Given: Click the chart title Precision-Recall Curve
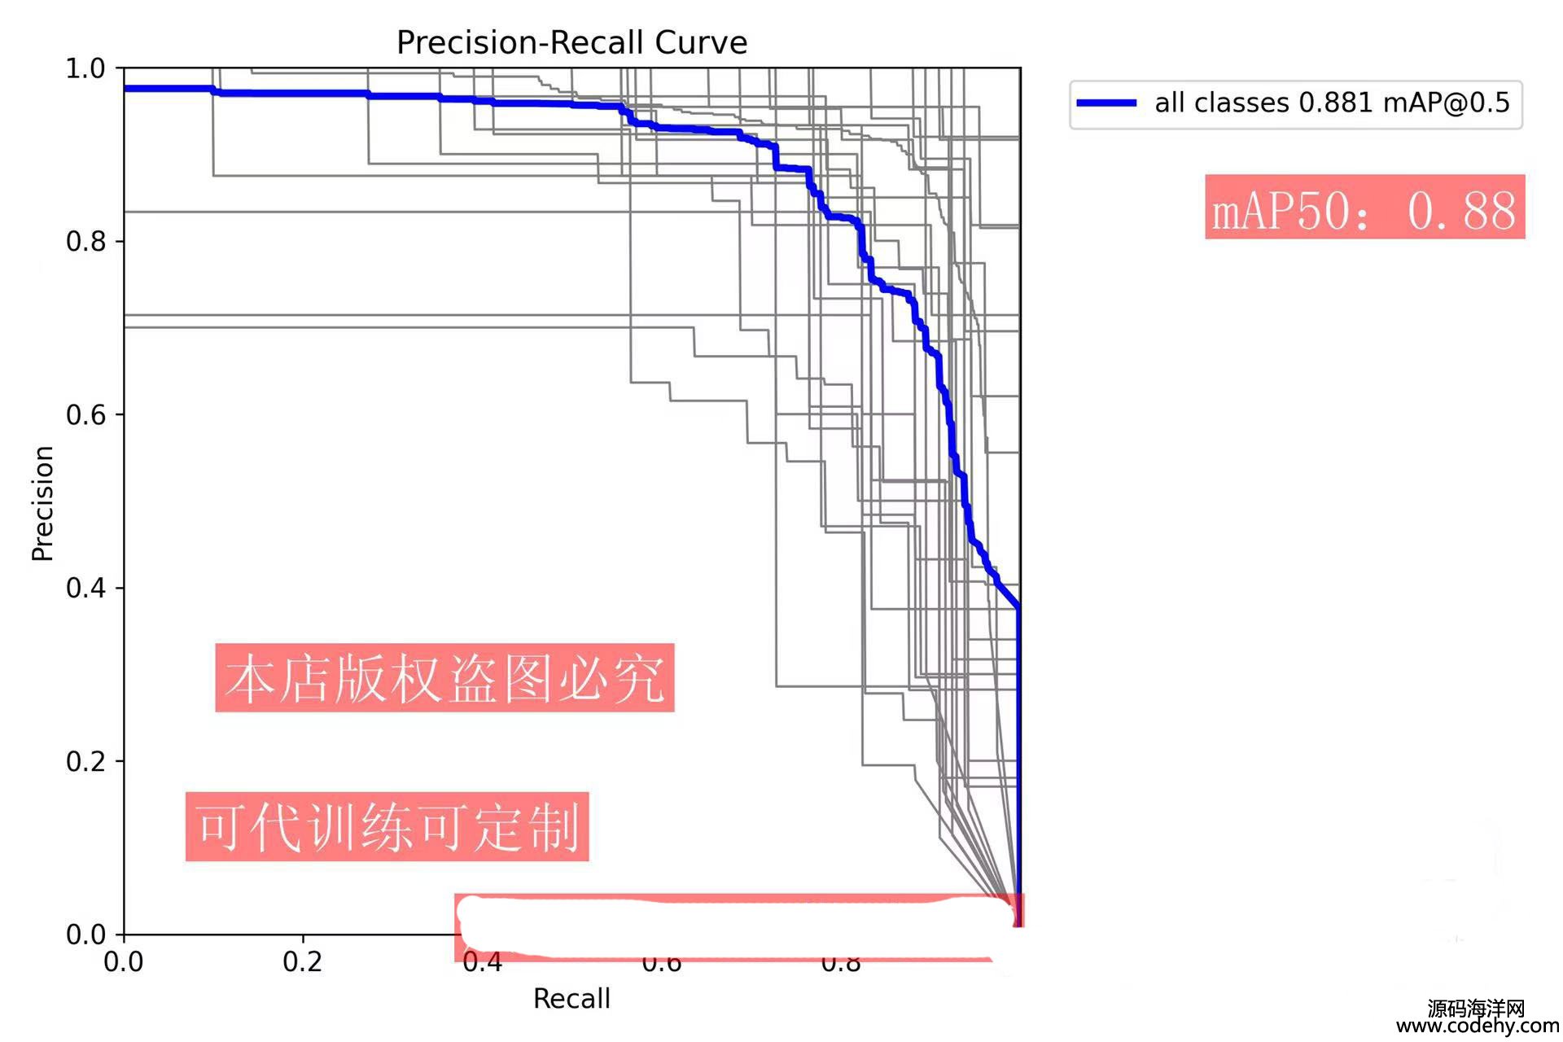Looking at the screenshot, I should click(x=571, y=42).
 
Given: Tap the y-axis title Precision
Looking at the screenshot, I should click(x=42, y=503).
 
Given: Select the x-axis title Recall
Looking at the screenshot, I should click(x=571, y=998).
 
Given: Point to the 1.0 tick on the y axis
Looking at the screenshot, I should click(x=85, y=68).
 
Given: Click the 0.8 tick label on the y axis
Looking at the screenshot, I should click(x=85, y=242).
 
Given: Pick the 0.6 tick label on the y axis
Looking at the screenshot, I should click(x=85, y=415).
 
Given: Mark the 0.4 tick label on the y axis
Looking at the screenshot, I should click(x=85, y=588).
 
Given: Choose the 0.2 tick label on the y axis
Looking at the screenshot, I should click(x=85, y=761).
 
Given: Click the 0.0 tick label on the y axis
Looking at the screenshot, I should click(x=85, y=935).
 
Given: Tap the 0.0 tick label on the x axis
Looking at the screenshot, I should click(x=124, y=962).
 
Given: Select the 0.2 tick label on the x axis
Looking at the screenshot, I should click(x=303, y=962).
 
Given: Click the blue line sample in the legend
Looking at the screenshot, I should click(x=1106, y=103).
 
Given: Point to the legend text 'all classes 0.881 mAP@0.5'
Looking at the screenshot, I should click(x=1332, y=103).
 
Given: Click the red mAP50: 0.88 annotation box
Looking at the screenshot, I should click(x=1364, y=208).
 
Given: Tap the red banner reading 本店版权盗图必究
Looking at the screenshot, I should click(x=444, y=678).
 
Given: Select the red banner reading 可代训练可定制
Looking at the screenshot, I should click(x=387, y=827).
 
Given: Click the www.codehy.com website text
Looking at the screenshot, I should click(x=1478, y=1027).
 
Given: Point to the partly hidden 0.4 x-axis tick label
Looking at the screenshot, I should click(x=482, y=965).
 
